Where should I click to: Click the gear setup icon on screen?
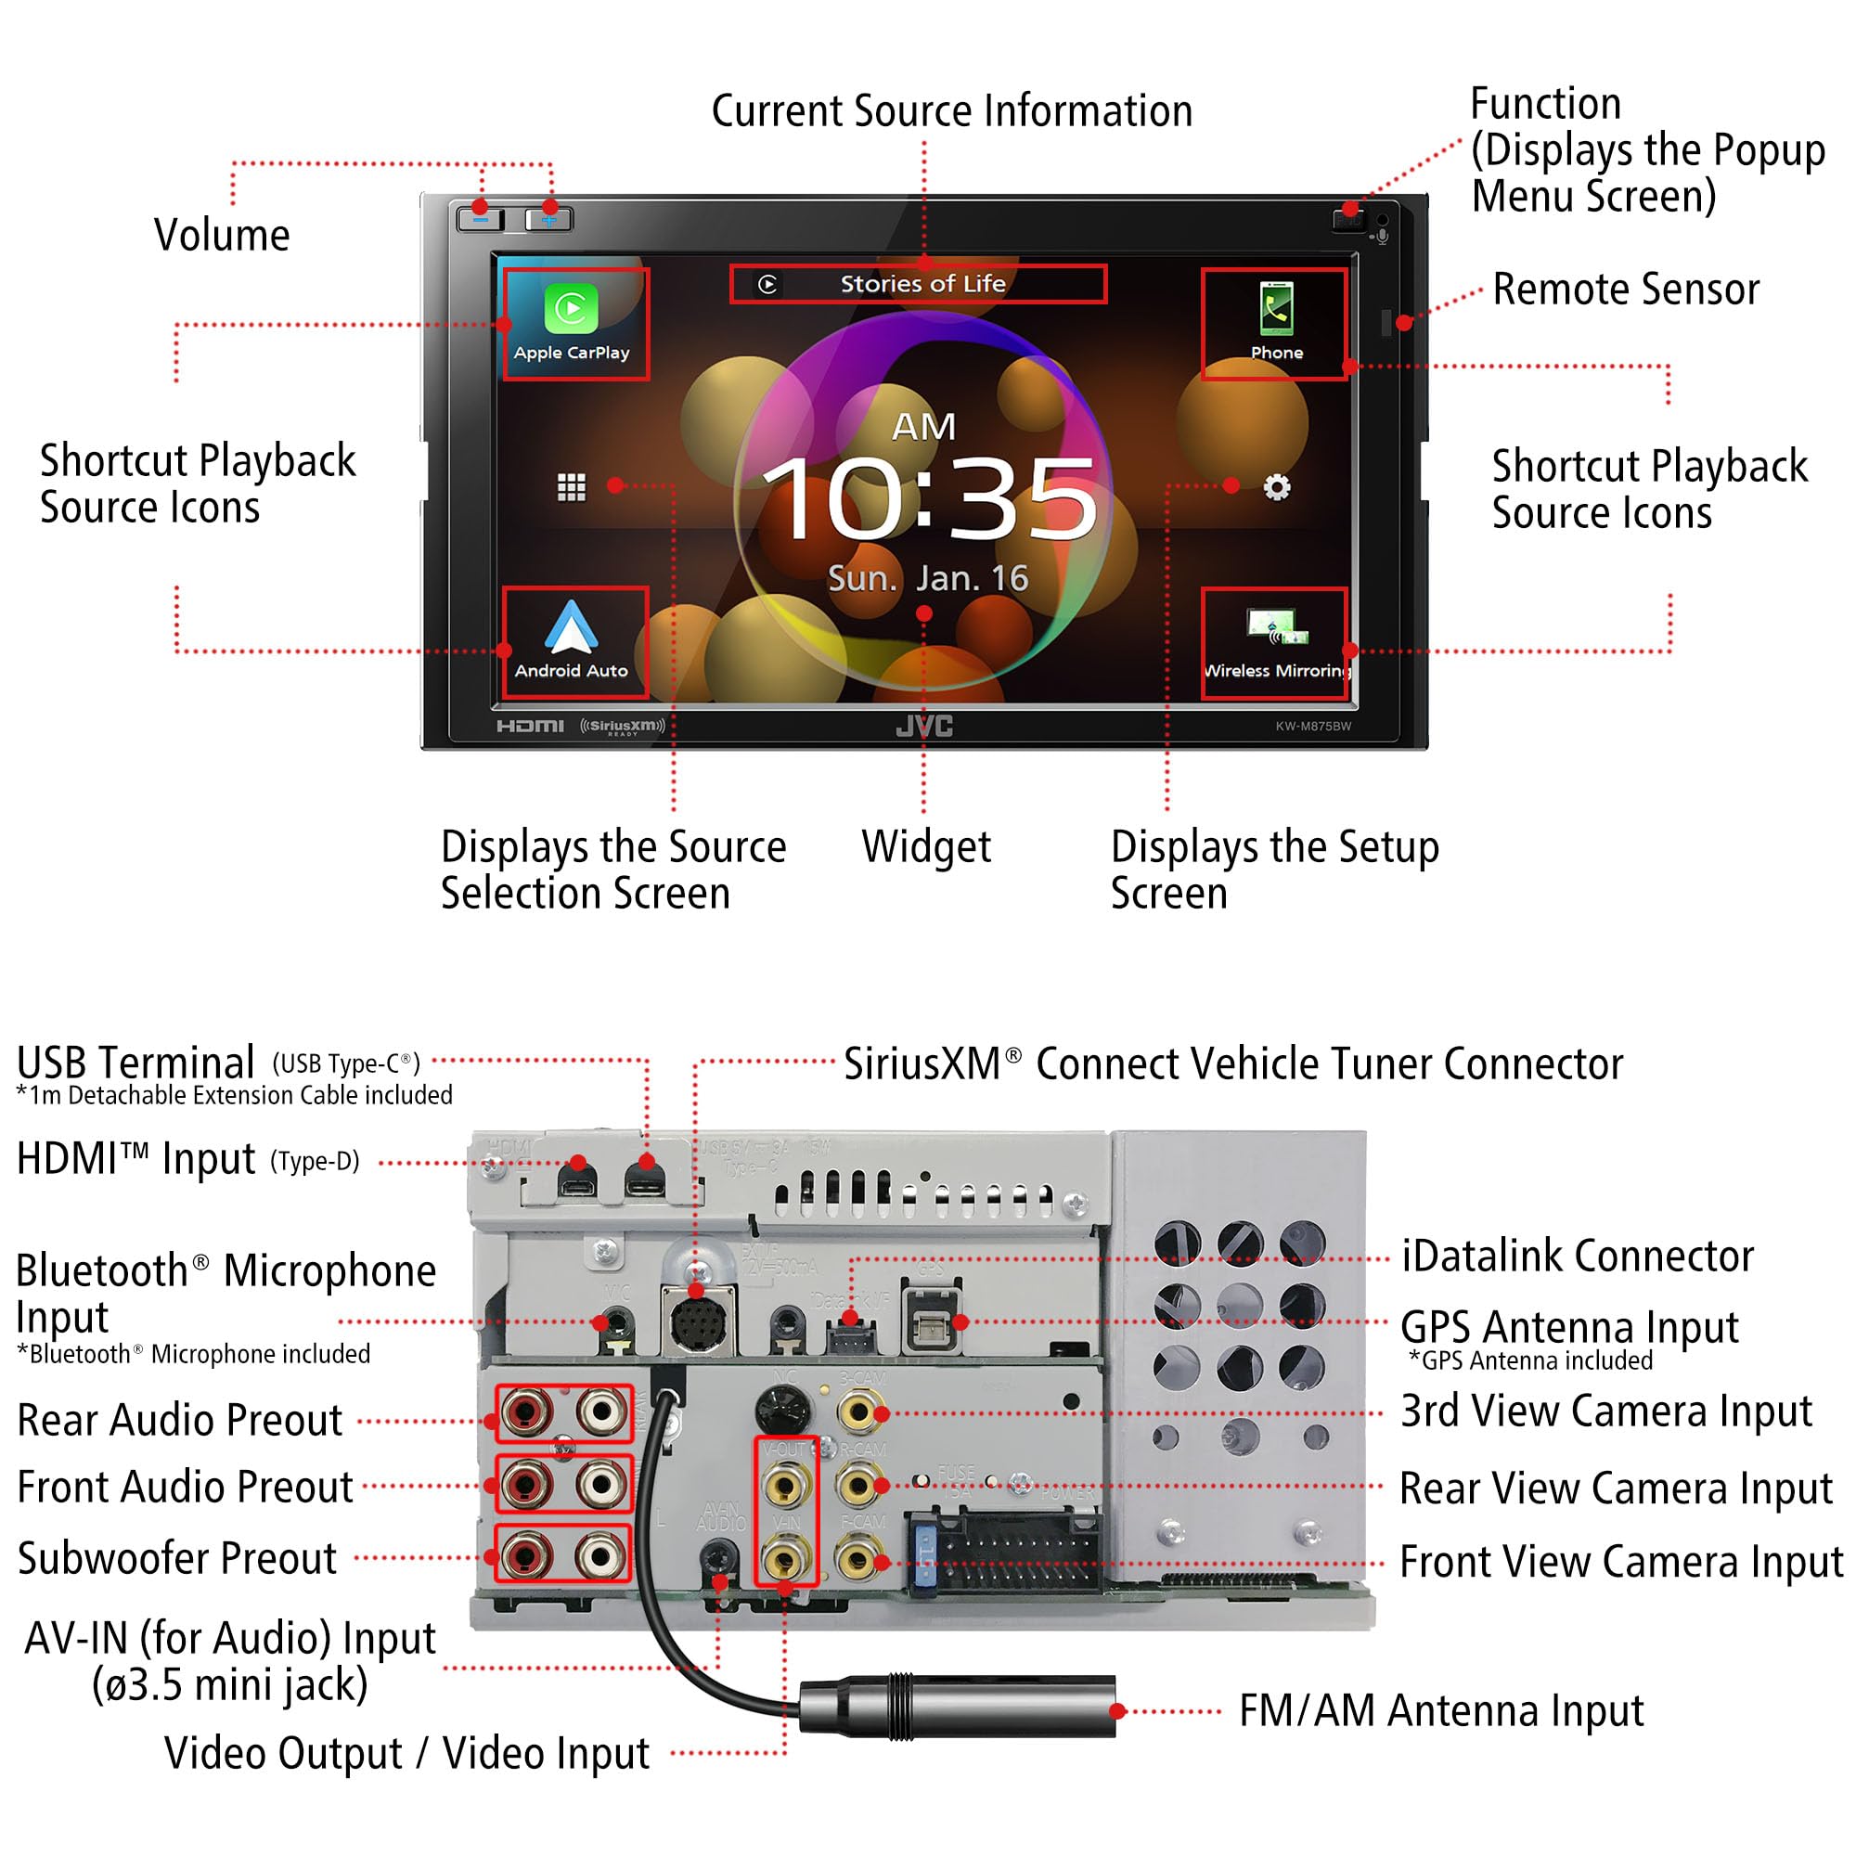(x=1276, y=488)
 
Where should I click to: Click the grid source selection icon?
(x=572, y=488)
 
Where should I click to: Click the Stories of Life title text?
(x=922, y=284)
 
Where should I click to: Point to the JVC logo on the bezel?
(x=924, y=727)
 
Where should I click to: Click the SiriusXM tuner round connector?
(x=699, y=1326)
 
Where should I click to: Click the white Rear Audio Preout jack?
(x=600, y=1412)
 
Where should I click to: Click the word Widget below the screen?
(x=926, y=847)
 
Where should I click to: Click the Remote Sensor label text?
(x=1626, y=290)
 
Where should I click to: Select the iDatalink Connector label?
(x=1578, y=1257)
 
